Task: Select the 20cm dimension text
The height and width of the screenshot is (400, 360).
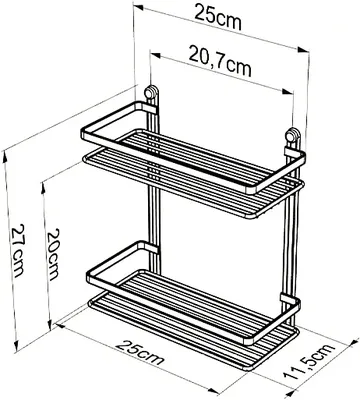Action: (x=53, y=254)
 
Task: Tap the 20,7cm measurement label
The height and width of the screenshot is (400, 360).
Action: (x=220, y=61)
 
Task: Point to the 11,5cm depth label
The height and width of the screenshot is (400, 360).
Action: (x=309, y=362)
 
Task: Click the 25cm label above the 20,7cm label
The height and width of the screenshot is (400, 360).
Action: (x=218, y=18)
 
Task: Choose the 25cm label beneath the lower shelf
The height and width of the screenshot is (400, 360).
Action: (x=140, y=352)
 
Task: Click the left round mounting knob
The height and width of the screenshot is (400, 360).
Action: (x=151, y=92)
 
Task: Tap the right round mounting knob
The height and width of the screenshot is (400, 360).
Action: (x=293, y=136)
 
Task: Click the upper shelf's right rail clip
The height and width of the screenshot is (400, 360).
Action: (x=291, y=152)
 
